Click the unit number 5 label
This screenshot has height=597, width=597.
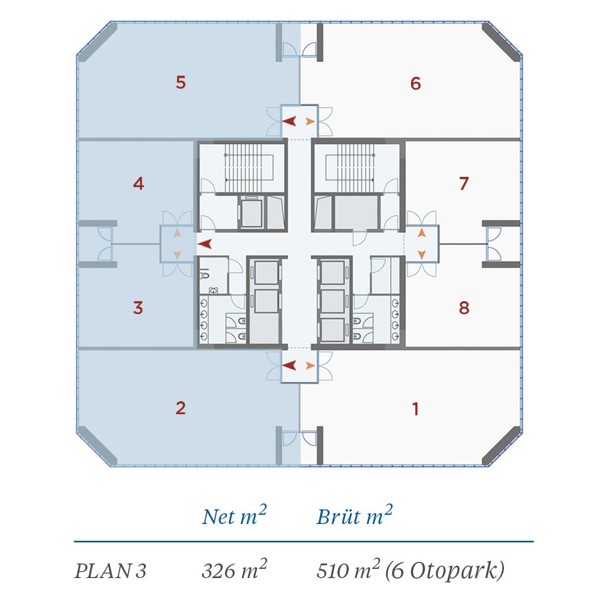tap(181, 82)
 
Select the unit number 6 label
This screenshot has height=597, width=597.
tap(415, 83)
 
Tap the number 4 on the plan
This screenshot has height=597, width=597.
tap(138, 184)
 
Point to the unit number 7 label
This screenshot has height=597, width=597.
tap(463, 183)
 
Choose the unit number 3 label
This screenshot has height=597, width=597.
tap(138, 308)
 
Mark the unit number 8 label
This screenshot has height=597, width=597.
tap(464, 308)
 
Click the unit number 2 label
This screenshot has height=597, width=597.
tap(181, 408)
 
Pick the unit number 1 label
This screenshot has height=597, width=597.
tap(416, 409)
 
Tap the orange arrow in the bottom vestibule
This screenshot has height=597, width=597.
tap(310, 366)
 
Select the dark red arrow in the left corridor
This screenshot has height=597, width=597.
tap(205, 244)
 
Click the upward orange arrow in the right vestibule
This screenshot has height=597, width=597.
tap(421, 233)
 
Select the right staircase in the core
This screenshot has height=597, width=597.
tap(349, 168)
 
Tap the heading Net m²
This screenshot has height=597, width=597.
tap(234, 515)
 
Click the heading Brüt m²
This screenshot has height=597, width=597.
tap(355, 515)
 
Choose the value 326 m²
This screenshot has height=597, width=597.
tap(234, 570)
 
